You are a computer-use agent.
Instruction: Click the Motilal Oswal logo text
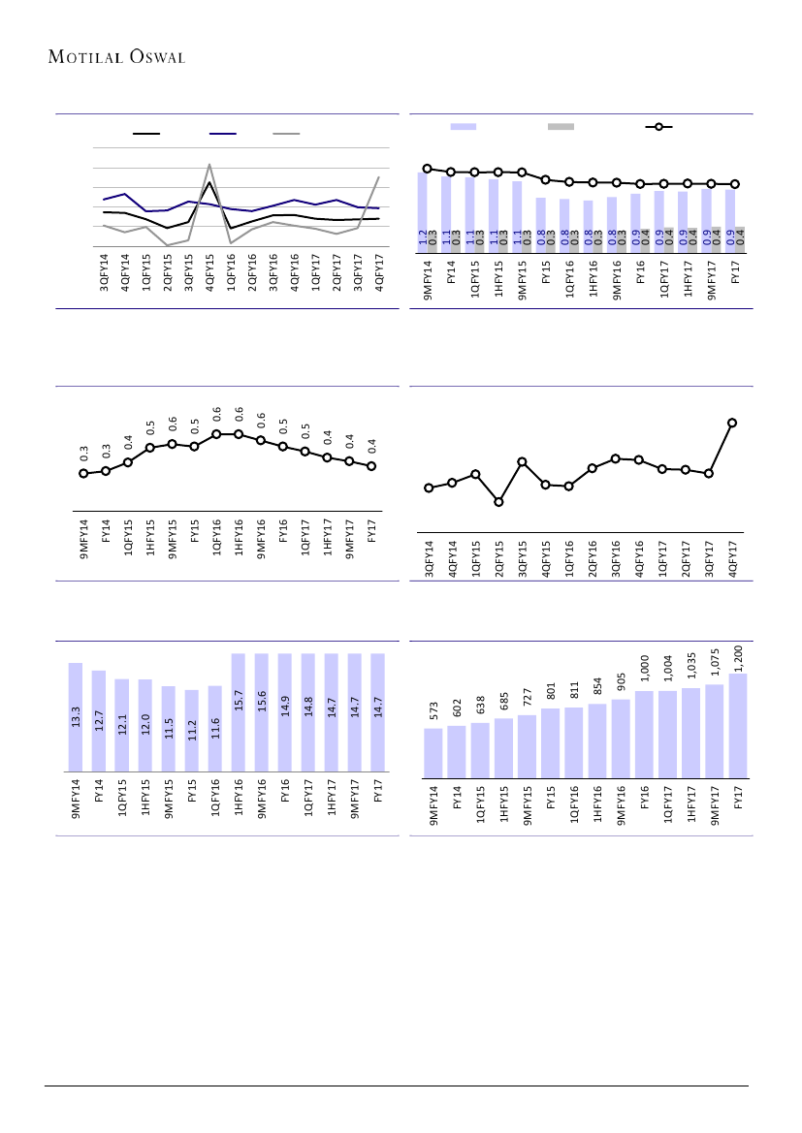117,56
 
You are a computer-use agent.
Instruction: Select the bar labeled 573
433,752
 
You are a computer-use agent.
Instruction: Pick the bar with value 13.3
76,717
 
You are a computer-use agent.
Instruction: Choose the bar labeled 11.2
192,731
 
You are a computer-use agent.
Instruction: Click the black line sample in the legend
146,134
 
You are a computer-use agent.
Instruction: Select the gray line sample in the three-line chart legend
285,134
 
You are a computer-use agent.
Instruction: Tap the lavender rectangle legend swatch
464,127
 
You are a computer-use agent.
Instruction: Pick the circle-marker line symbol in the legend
658,127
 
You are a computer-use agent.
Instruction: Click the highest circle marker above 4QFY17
732,423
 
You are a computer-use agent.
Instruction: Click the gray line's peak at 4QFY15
209,165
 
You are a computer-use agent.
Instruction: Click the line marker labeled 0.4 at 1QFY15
128,462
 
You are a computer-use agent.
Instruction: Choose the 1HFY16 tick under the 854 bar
597,804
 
